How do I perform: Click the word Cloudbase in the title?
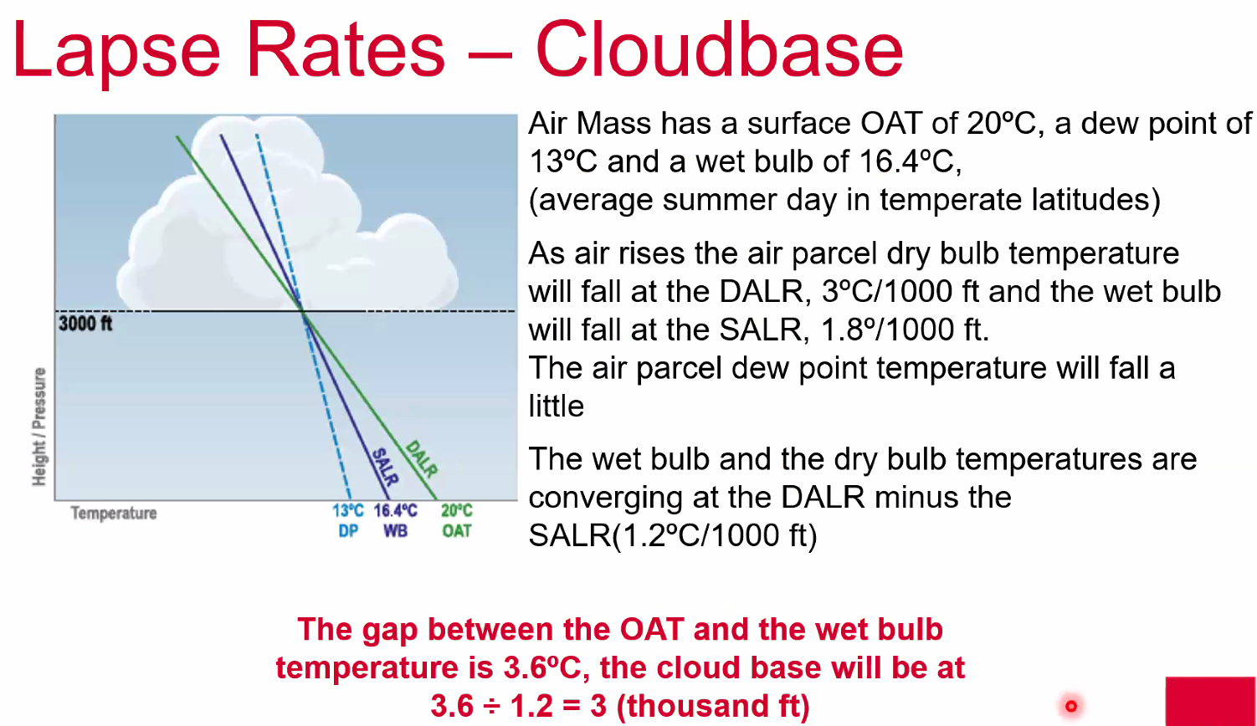point(720,49)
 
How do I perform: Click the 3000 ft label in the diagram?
point(85,324)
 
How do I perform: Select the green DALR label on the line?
point(421,459)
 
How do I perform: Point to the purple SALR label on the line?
point(386,466)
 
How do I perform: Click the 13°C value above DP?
point(348,510)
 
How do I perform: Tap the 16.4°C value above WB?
point(396,510)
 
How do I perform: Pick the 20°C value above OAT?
point(457,510)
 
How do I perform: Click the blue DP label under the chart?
point(348,531)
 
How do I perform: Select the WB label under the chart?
point(396,531)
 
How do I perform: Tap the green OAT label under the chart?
point(457,531)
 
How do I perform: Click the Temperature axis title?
point(114,514)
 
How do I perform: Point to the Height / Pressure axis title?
point(38,427)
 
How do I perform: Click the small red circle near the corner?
point(1071,707)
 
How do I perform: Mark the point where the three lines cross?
point(303,311)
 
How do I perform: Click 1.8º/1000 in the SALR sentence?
point(886,330)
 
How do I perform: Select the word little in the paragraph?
point(557,406)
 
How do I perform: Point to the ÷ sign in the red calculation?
point(491,707)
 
